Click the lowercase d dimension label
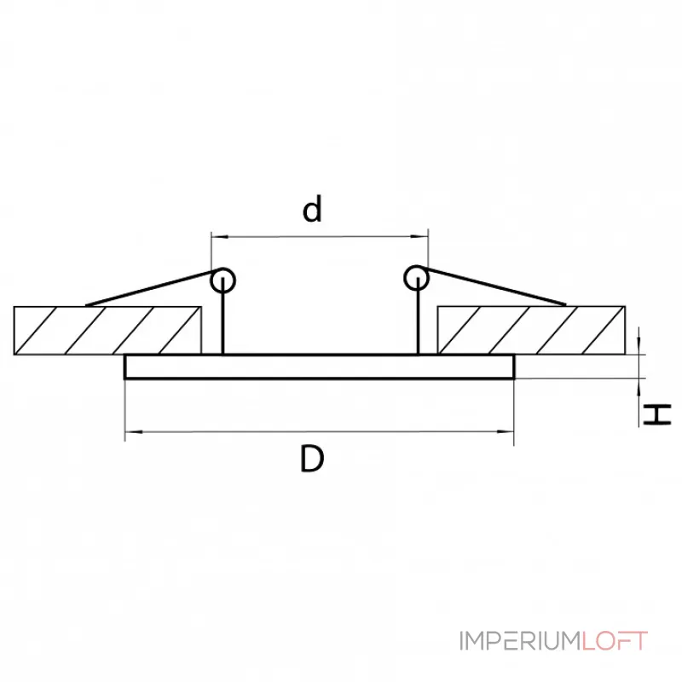314,209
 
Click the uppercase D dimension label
313,460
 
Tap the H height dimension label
657,414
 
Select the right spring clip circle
416,276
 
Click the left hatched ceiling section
107,331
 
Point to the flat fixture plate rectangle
320,367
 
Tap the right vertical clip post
419,321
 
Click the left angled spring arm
149,289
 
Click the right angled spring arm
494,287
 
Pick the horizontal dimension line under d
320,236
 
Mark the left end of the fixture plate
126,367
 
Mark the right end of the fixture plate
513,367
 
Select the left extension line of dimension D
125,409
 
